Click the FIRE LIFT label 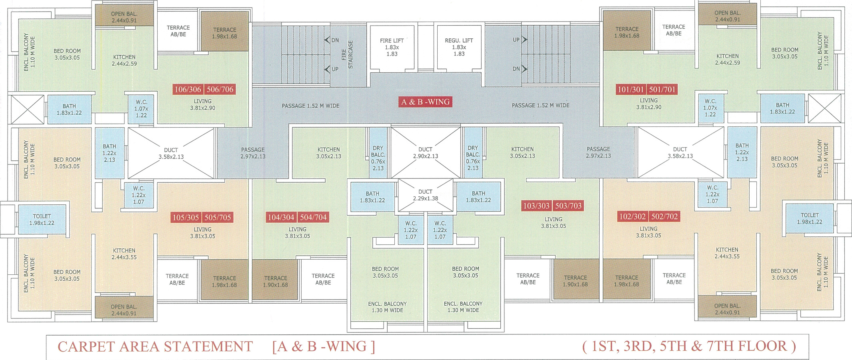click(x=392, y=47)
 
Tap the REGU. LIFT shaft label click(x=459, y=47)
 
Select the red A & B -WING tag click(x=426, y=102)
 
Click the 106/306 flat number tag click(x=188, y=89)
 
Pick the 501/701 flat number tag click(x=662, y=90)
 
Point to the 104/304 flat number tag click(x=281, y=218)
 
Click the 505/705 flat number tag click(x=218, y=218)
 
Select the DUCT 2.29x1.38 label click(x=425, y=195)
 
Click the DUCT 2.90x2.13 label click(x=425, y=153)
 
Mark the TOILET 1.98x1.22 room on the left click(x=42, y=220)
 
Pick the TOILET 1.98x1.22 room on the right click(x=810, y=219)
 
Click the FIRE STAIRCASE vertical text click(x=347, y=55)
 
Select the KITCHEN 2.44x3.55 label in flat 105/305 click(x=124, y=254)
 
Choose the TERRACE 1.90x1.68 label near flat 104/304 click(x=276, y=282)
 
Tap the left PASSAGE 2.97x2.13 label click(x=253, y=153)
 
